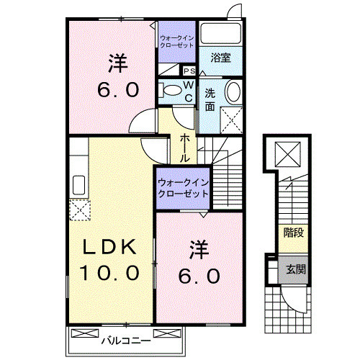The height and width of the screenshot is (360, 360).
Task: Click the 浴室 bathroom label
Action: (220, 58)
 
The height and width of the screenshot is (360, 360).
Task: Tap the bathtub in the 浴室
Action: (220, 33)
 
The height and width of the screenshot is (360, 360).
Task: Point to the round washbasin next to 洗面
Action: (233, 93)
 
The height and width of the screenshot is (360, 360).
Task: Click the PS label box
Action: (189, 71)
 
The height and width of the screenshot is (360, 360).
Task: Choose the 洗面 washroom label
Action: (210, 99)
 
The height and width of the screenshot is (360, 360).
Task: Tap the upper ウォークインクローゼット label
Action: (177, 40)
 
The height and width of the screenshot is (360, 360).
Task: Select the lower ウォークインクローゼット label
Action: (182, 189)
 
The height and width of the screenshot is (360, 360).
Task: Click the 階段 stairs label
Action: (293, 232)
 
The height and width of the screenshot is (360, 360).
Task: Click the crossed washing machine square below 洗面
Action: (230, 118)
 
